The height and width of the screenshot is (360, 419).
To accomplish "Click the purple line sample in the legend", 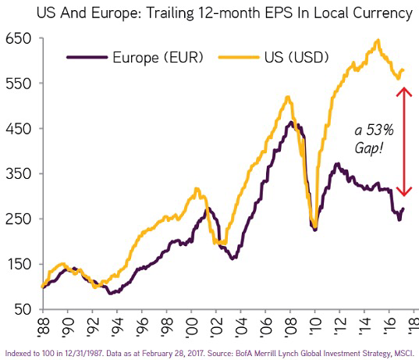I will click(85, 57).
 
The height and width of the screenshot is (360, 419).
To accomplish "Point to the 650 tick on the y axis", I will click(16, 39).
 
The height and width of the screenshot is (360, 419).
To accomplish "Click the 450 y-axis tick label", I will click(16, 129).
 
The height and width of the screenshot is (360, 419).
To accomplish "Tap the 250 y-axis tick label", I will click(16, 219).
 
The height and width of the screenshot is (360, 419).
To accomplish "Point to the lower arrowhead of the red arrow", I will click(403, 192).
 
